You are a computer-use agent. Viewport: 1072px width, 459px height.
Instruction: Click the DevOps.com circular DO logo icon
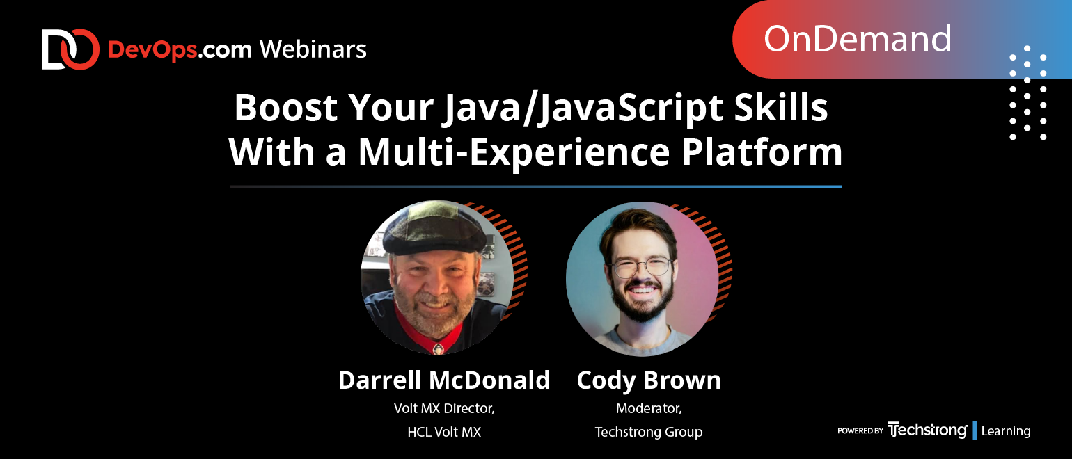tap(70, 49)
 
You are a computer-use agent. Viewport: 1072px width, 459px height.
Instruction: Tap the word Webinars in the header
tap(313, 49)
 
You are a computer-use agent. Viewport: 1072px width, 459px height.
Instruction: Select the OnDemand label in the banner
tap(858, 39)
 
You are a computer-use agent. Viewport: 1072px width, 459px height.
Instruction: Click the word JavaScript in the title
tap(630, 108)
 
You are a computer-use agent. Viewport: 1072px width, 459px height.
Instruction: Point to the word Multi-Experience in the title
tap(514, 152)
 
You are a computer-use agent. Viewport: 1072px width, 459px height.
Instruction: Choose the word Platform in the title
tap(762, 152)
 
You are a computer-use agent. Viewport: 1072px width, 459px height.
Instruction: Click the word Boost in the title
tap(285, 108)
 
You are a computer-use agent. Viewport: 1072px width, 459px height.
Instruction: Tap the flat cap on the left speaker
tap(434, 230)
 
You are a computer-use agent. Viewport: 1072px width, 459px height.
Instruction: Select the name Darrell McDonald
tap(444, 380)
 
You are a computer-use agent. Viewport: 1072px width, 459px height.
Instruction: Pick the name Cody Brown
tap(649, 380)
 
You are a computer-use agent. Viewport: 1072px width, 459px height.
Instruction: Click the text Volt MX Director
tap(444, 408)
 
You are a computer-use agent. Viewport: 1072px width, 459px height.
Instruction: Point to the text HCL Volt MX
tap(444, 432)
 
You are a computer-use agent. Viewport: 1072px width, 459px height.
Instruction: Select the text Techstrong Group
tap(649, 433)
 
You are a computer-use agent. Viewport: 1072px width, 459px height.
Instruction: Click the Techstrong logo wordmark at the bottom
tap(927, 430)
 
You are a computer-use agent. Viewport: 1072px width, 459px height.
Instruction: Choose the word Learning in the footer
tap(1006, 430)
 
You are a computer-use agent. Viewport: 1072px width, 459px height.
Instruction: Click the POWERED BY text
tap(860, 430)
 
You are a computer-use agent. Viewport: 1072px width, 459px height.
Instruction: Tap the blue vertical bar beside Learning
tap(975, 430)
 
